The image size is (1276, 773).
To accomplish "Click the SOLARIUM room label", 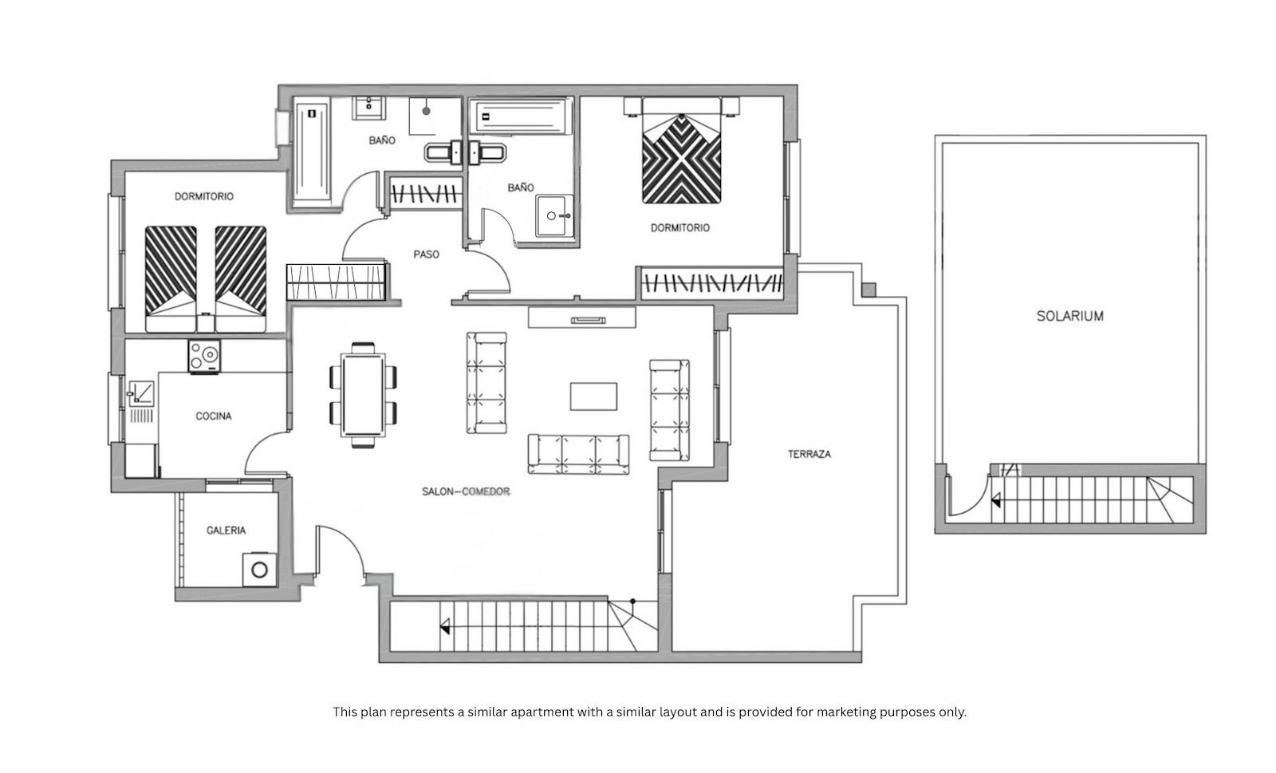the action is (1069, 316).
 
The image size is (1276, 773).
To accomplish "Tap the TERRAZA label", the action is (809, 454).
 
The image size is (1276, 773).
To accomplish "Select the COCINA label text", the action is (214, 416).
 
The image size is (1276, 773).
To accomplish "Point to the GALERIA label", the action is (226, 530).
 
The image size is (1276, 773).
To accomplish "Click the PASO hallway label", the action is (426, 254).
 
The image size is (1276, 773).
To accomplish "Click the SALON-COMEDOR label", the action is (466, 491).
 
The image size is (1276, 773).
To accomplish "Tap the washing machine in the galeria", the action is (260, 570).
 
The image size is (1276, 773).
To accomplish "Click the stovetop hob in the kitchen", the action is (204, 357).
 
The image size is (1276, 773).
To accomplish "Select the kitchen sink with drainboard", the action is (141, 401).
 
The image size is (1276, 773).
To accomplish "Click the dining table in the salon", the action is (363, 395).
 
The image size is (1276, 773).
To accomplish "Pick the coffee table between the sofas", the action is (593, 396).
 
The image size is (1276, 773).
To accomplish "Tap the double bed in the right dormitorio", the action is (681, 151).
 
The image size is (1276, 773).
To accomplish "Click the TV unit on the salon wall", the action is (581, 317).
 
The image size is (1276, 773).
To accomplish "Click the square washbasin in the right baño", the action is (554, 216).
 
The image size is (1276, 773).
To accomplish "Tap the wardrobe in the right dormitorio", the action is (712, 283).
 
